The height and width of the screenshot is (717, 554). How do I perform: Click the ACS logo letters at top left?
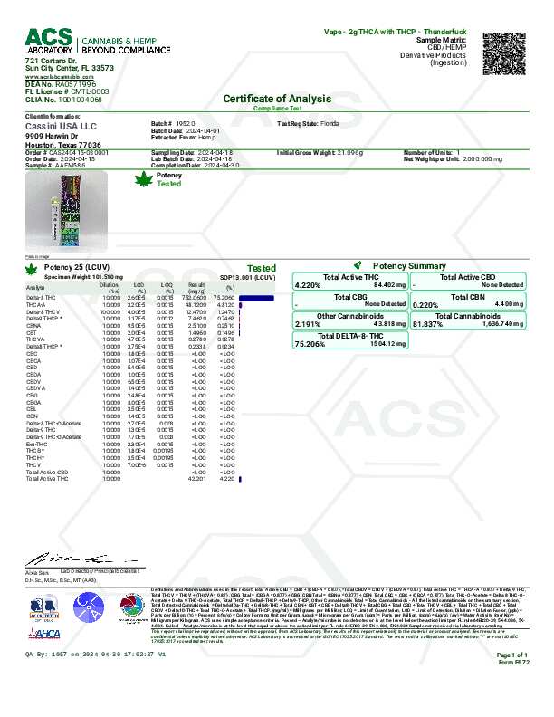(x=46, y=38)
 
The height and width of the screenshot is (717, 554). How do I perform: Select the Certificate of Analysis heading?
(x=277, y=98)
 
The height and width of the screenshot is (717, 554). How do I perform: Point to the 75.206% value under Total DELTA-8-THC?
(x=309, y=344)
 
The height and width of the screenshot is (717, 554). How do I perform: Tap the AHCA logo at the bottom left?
(x=43, y=633)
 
